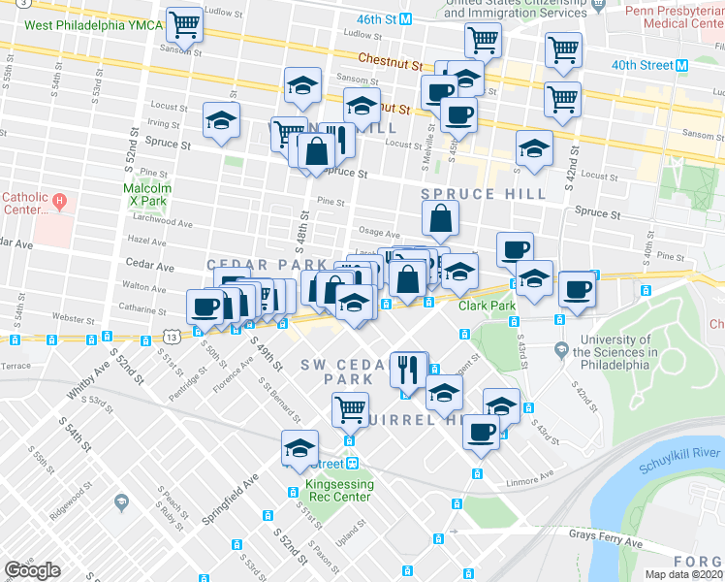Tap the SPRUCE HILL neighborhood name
484,194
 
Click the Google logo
32,570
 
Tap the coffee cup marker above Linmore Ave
481,432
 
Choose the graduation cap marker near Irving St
221,121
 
